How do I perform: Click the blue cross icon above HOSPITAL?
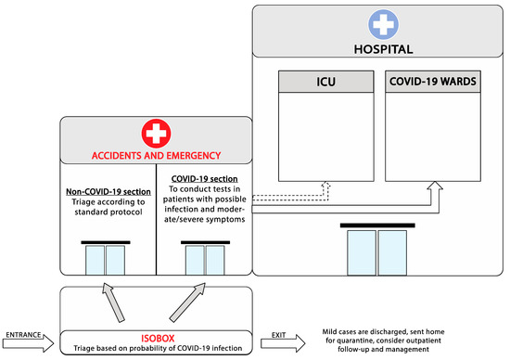[x=384, y=24]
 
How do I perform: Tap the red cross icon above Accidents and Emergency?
[x=156, y=133]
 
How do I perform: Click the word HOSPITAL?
[x=384, y=49]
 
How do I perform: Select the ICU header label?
[x=325, y=82]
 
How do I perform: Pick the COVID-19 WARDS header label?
[x=433, y=82]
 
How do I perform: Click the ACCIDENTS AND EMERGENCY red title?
[x=156, y=156]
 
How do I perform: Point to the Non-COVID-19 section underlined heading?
[x=108, y=192]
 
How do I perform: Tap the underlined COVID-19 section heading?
[x=205, y=179]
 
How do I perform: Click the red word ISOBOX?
[x=158, y=338]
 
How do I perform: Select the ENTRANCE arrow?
[x=29, y=342]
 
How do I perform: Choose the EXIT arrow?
[x=283, y=342]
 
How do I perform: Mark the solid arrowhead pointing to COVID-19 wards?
[x=435, y=186]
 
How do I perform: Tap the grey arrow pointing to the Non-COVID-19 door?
[x=112, y=302]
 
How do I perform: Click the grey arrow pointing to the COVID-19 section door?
[x=187, y=302]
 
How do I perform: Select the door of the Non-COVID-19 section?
[x=106, y=259]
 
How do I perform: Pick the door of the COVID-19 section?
[x=205, y=259]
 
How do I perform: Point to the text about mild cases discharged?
[x=384, y=341]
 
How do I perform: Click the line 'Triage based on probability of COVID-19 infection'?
[x=158, y=348]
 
